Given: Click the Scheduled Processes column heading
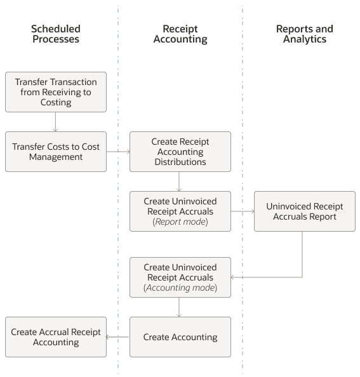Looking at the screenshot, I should (x=55, y=34).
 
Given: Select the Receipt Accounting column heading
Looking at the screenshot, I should (x=180, y=34).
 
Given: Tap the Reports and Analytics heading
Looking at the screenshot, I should (x=304, y=34).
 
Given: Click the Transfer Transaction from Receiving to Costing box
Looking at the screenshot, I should (x=56, y=92).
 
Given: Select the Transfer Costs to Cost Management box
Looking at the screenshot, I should (x=56, y=152).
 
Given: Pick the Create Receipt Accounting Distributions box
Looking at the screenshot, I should (x=180, y=152).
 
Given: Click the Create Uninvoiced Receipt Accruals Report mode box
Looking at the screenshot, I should (x=180, y=211).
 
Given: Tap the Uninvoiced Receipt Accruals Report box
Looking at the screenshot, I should (x=304, y=211).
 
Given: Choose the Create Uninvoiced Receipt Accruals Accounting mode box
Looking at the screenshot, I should (x=180, y=277).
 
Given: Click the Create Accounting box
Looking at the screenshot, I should (x=180, y=337).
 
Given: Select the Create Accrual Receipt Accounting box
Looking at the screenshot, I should (x=56, y=337).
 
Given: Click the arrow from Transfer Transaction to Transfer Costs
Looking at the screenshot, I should (x=56, y=122).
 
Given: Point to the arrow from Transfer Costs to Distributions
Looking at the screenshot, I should (x=118, y=152).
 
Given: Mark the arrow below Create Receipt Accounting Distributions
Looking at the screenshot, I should (x=180, y=182).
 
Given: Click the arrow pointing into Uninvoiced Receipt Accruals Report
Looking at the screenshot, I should (x=243, y=211).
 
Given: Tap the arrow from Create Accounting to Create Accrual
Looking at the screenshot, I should (x=118, y=337).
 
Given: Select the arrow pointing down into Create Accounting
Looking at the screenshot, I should (x=180, y=307).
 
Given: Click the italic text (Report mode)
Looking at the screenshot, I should (x=180, y=222).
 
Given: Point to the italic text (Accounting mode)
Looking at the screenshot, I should (x=180, y=288).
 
